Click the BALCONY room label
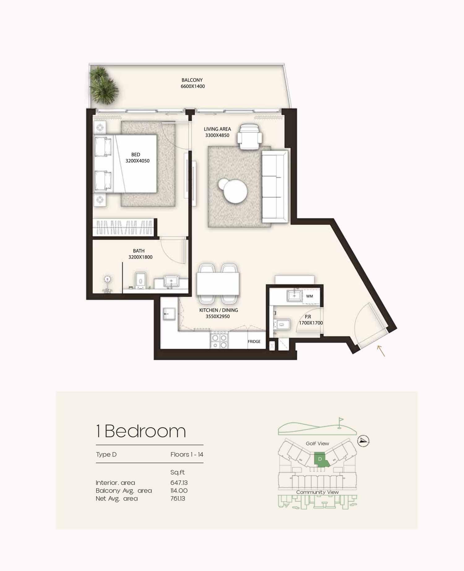[x=192, y=80]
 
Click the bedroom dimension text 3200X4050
[x=137, y=161]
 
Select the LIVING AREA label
[x=217, y=129]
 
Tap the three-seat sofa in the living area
[x=275, y=186]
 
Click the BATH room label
[x=139, y=251]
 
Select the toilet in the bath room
[x=140, y=281]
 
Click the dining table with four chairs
[x=218, y=283]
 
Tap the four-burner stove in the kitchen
[x=219, y=340]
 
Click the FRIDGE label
[x=254, y=341]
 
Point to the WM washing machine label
[x=309, y=296]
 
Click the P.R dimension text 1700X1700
[x=311, y=323]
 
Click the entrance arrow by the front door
[x=381, y=351]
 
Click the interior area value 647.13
[x=179, y=483]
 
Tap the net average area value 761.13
[x=178, y=499]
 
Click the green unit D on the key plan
[x=320, y=459]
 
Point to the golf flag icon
[x=341, y=422]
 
